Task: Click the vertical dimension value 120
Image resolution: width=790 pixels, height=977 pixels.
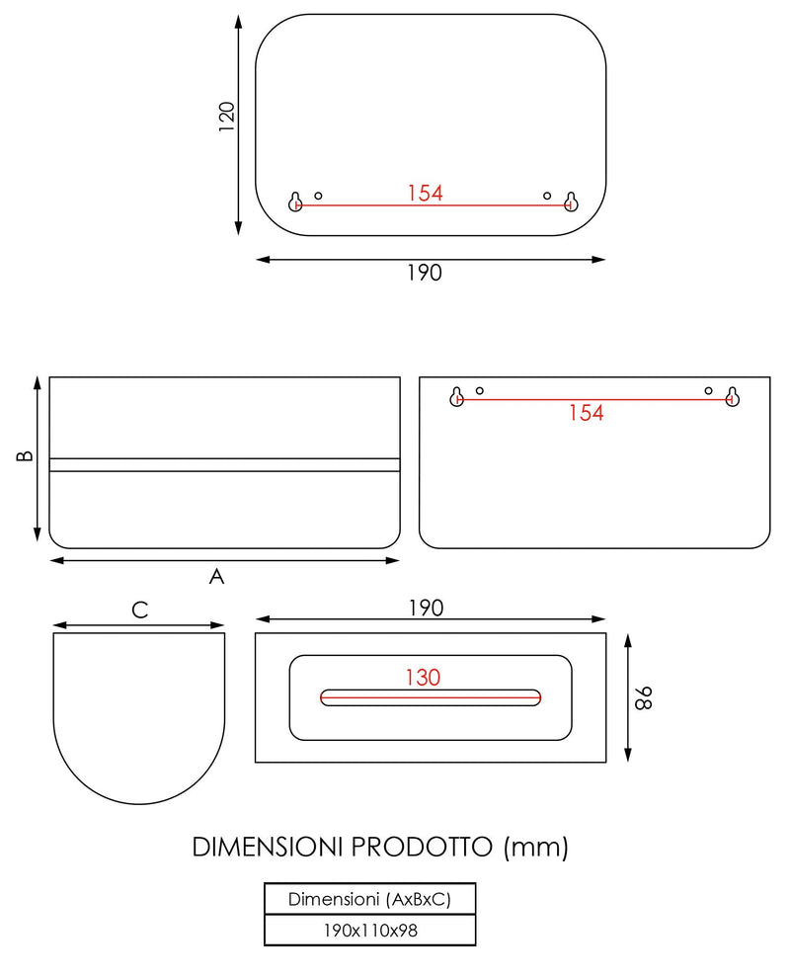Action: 227,117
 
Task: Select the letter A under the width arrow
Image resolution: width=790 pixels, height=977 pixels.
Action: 216,577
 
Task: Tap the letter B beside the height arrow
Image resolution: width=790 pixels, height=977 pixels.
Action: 26,456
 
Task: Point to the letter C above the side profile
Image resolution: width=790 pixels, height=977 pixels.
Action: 140,611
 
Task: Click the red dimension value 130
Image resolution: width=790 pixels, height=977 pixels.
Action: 422,678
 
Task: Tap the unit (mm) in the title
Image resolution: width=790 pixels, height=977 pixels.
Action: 535,847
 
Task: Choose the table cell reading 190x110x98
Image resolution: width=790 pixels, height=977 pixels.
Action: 370,930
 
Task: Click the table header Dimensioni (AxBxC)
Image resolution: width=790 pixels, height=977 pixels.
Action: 370,899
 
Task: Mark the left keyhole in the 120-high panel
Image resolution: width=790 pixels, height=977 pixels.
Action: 295,203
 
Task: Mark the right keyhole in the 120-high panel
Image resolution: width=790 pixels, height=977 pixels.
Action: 571,203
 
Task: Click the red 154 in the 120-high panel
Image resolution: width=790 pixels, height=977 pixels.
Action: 425,193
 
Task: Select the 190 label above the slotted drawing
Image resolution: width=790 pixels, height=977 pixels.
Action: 425,607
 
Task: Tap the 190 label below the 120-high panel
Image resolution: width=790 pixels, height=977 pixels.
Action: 425,274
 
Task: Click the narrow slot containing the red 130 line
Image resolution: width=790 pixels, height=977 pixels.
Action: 431,697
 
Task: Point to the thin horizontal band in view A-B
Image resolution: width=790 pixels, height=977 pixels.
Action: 225,464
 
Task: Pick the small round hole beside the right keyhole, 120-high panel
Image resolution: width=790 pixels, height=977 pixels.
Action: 547,196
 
